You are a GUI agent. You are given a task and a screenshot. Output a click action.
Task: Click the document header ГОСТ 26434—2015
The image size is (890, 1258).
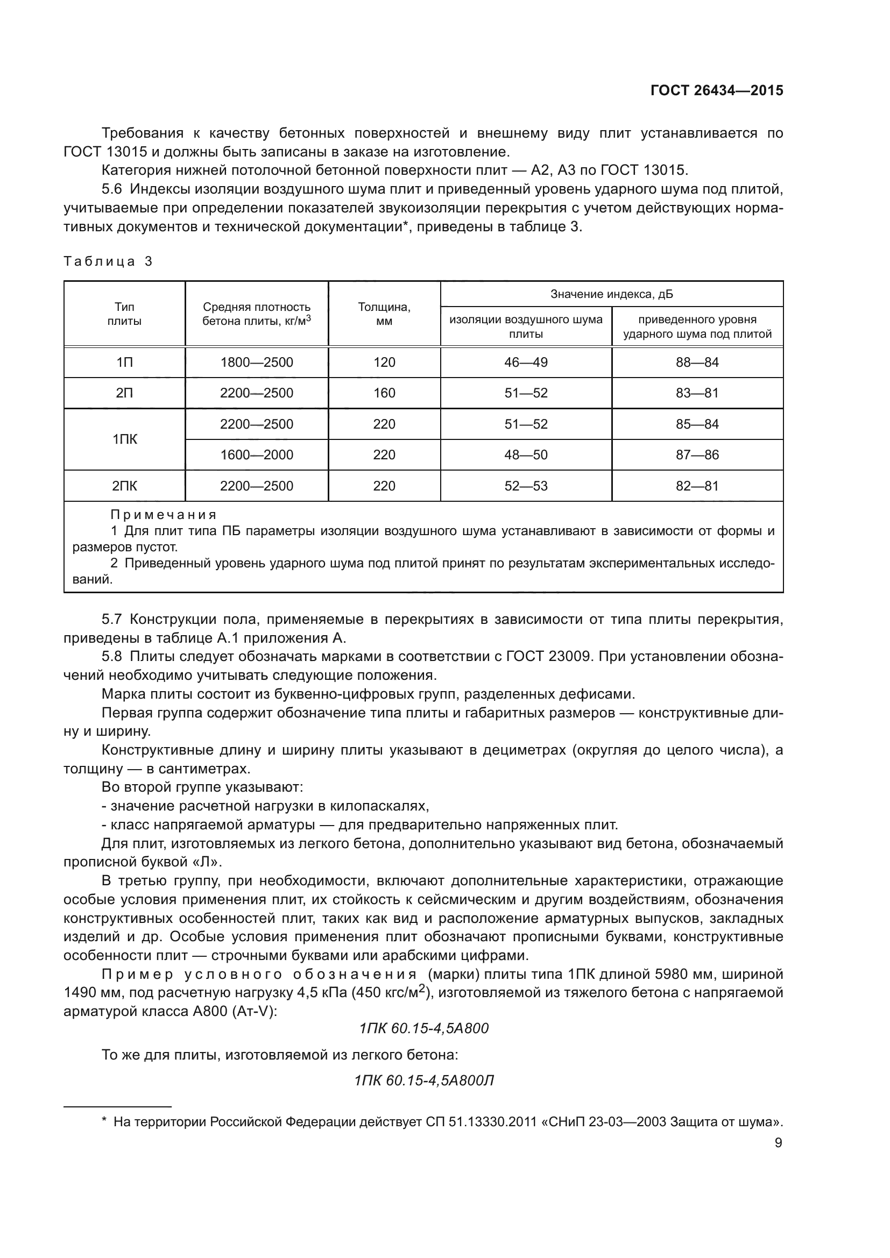[716, 90]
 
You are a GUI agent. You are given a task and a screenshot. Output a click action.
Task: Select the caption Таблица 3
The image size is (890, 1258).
[108, 261]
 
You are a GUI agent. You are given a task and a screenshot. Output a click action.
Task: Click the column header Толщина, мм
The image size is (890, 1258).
[384, 314]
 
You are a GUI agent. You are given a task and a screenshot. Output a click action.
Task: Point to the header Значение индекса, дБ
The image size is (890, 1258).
[612, 294]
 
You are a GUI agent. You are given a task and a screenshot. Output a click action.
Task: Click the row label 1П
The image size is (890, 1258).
[124, 362]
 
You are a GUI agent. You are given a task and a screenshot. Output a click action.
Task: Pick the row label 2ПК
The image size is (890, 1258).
[124, 486]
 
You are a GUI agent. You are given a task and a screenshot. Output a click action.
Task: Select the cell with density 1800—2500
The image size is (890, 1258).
[257, 362]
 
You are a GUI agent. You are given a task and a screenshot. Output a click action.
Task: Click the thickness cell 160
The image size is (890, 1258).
[384, 393]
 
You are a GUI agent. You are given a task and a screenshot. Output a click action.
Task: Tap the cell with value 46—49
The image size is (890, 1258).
[526, 362]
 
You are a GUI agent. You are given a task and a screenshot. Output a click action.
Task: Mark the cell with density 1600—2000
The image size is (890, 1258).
[257, 455]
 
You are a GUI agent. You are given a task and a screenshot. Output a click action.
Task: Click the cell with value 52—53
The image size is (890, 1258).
[526, 486]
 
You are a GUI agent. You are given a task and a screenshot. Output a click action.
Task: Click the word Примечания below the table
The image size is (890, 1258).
[164, 515]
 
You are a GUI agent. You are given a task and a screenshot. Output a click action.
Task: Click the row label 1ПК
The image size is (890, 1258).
[124, 439]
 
